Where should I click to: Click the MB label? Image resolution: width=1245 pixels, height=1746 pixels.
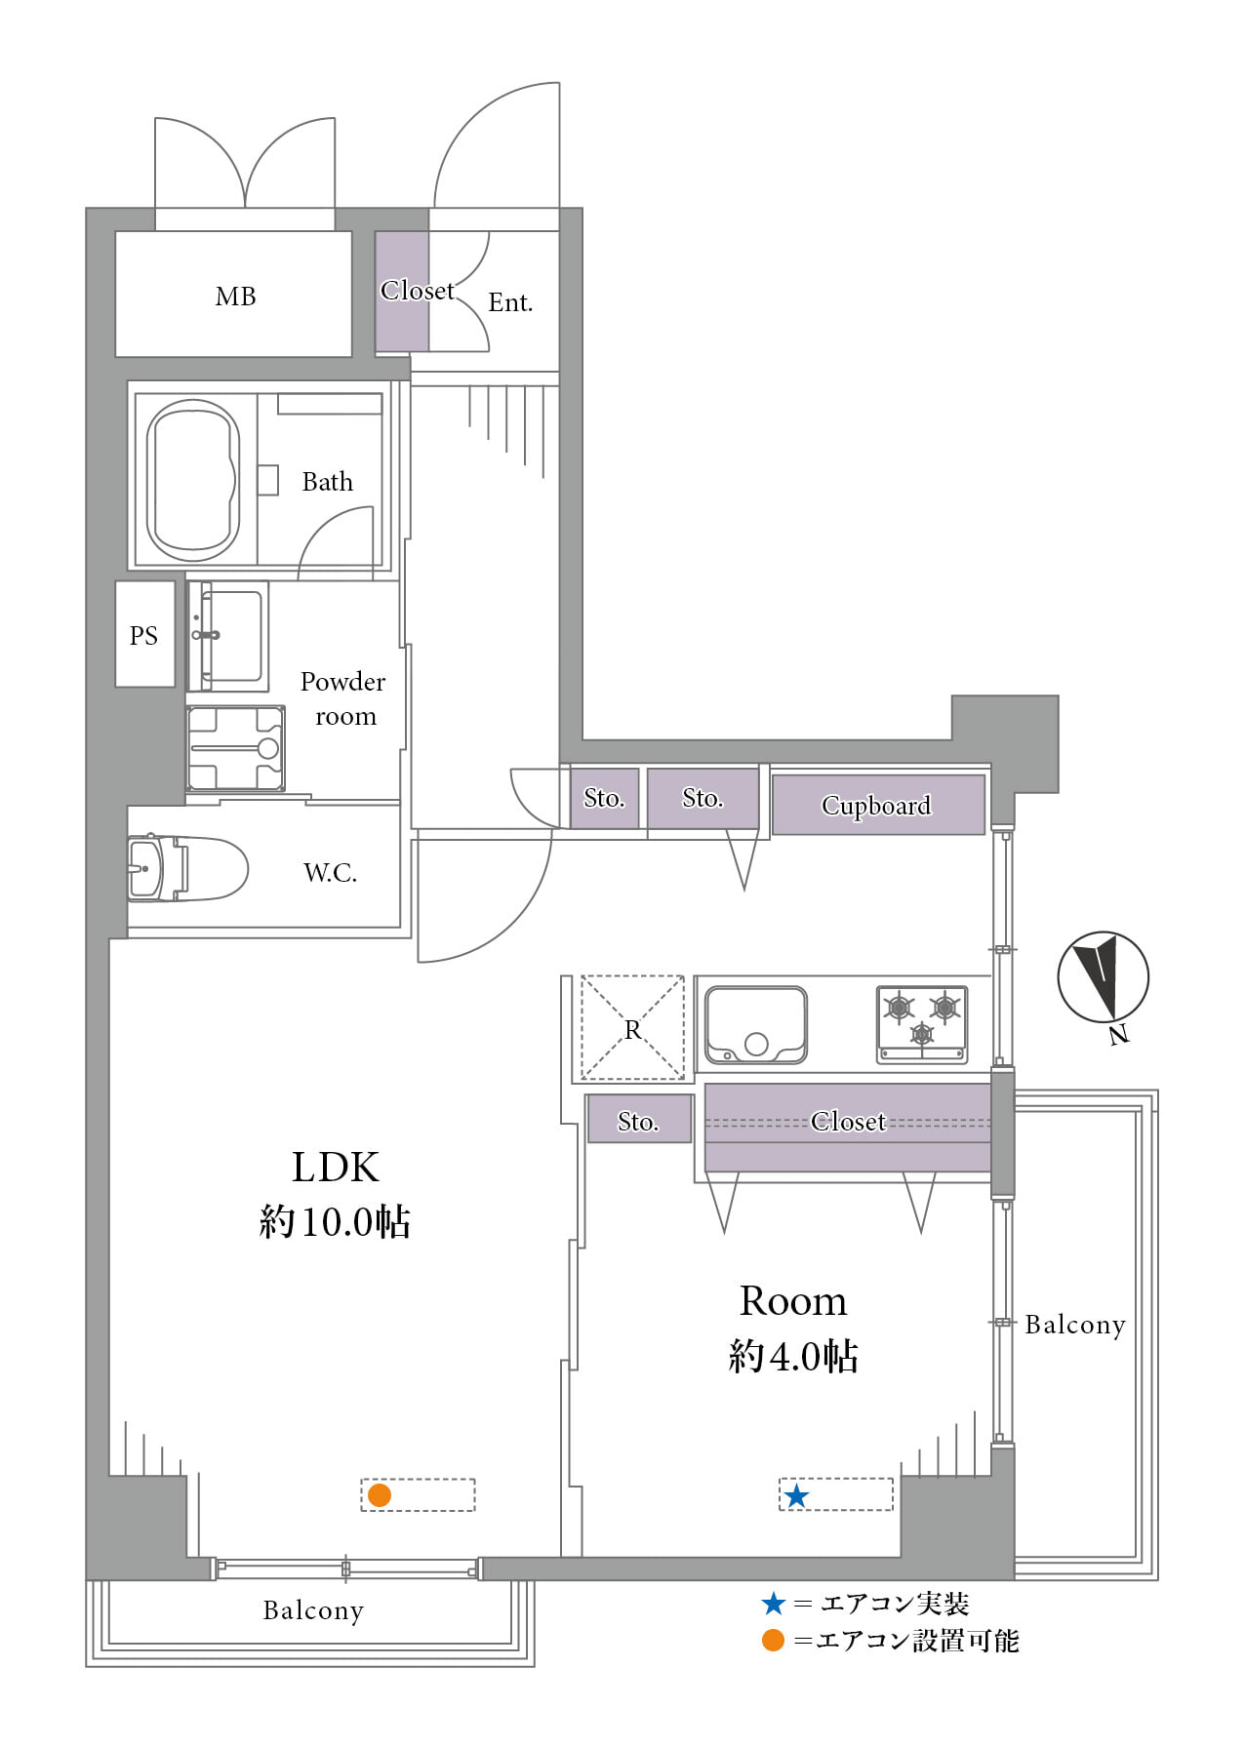[236, 297]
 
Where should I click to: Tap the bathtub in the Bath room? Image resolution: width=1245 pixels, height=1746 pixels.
[193, 481]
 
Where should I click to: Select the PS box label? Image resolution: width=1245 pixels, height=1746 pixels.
[143, 636]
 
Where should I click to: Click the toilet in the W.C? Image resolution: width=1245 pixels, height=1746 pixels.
[186, 868]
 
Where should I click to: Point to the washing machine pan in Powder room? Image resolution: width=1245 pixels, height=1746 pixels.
[236, 748]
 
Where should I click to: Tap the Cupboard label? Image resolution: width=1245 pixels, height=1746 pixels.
[876, 806]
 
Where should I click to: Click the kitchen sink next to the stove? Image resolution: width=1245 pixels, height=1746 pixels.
[756, 1025]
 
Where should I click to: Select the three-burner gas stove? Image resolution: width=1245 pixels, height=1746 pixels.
[922, 1024]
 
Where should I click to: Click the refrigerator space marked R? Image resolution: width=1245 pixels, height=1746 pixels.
[633, 1028]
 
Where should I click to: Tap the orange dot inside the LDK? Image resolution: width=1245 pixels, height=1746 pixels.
[380, 1495]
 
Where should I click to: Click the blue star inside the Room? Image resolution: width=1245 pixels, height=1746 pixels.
[797, 1495]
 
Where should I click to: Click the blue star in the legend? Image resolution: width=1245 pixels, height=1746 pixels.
[774, 1604]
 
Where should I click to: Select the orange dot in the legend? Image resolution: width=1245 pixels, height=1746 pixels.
[773, 1641]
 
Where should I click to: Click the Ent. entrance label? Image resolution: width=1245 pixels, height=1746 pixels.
[510, 302]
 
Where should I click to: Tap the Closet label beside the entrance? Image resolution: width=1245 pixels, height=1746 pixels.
[418, 291]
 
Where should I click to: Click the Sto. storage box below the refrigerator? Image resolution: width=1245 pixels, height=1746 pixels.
[640, 1119]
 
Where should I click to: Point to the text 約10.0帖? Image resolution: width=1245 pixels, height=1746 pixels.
[335, 1221]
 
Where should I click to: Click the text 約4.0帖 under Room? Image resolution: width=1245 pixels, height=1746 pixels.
[793, 1356]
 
